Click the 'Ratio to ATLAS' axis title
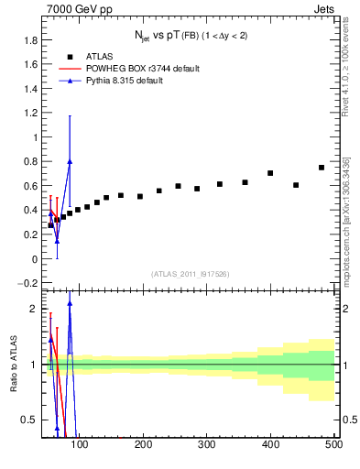coord(13,365)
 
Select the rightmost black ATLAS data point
coord(322,168)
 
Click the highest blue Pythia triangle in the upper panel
coord(70,161)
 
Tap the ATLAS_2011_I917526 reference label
coord(190,274)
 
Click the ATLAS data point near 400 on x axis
coord(270,173)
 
